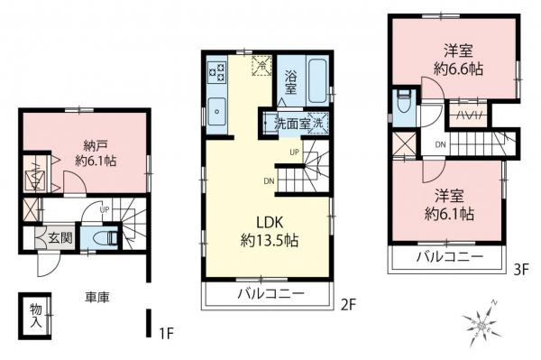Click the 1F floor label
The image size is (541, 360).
pos(165,334)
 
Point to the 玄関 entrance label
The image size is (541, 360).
pos(60,237)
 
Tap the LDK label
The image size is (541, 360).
pos(269,221)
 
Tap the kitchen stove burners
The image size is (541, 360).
pos(217,69)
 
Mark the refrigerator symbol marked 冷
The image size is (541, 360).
pos(261,65)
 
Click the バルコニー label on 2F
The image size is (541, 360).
pos(269,294)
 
